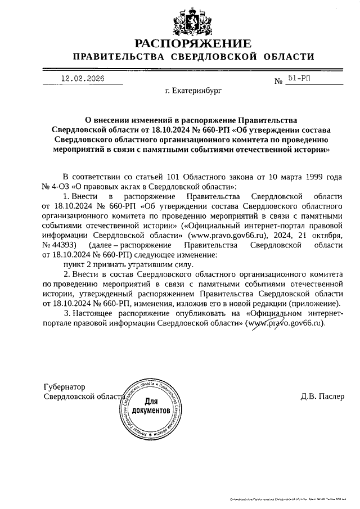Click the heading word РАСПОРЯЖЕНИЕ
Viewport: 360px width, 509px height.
(192, 44)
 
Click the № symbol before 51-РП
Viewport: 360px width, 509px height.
(278, 82)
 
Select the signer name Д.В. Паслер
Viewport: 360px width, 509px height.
(322, 397)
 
